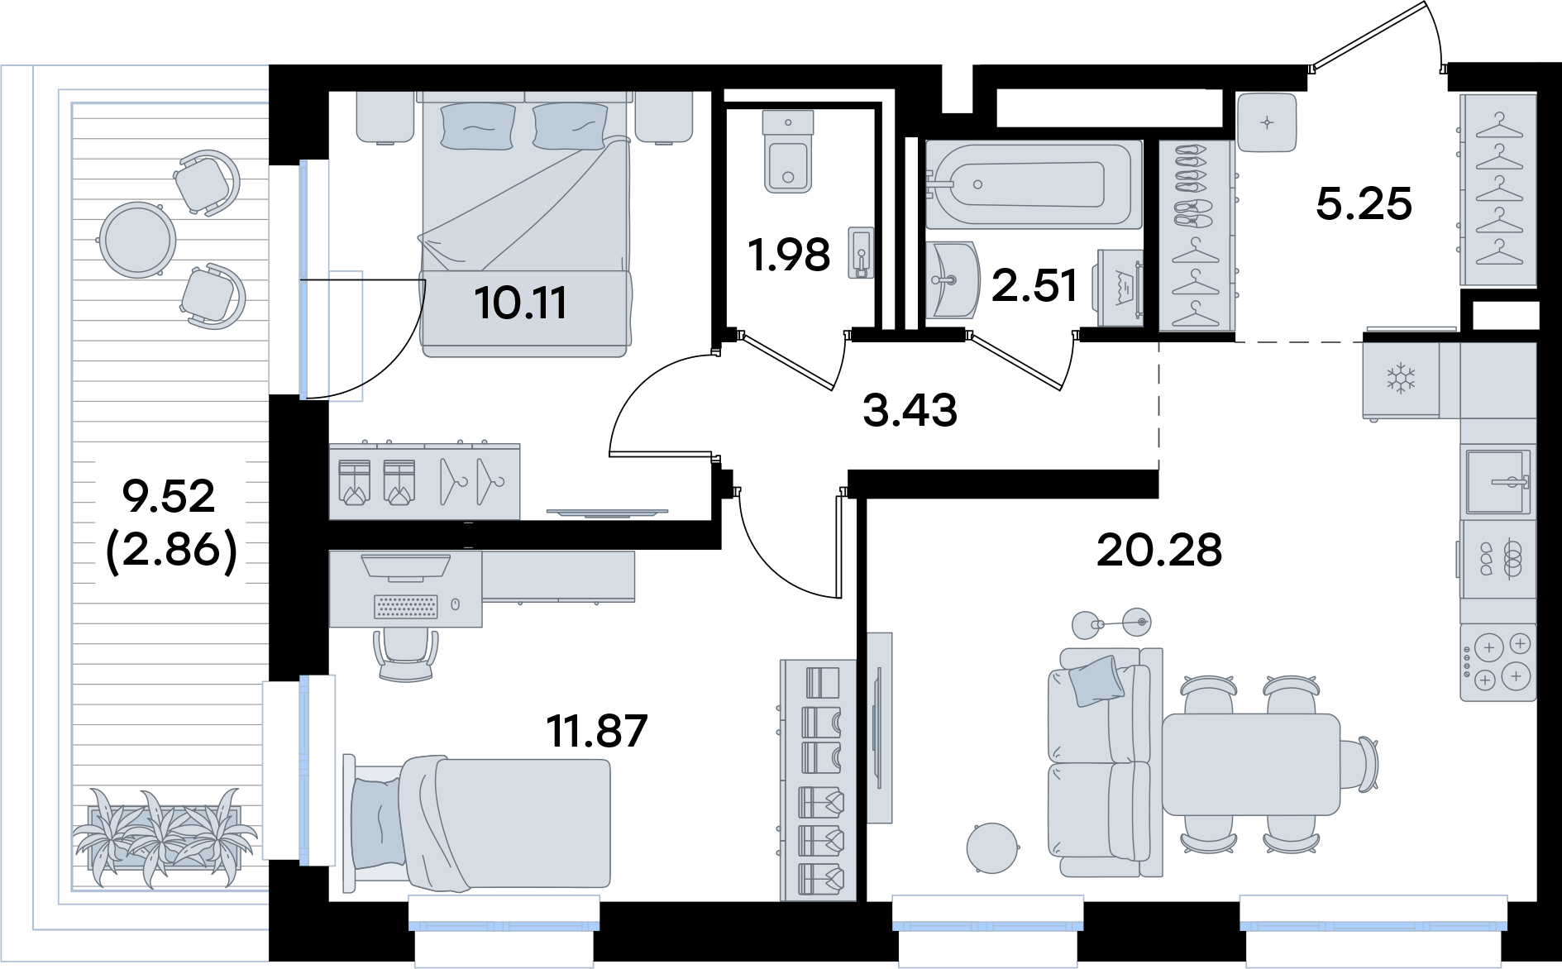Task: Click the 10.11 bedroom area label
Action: [x=521, y=303]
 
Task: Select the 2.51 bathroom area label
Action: [x=1034, y=285]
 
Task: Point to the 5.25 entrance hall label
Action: [x=1364, y=203]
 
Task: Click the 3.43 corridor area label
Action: [x=910, y=410]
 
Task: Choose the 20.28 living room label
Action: [x=1159, y=550]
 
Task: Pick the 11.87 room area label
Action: [x=597, y=731]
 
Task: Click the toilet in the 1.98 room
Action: [x=788, y=152]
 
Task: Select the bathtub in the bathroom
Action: [x=1034, y=184]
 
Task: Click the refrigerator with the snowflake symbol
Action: [x=1401, y=379]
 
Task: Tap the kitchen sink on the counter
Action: [x=1498, y=481]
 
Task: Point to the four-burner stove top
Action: [x=1498, y=662]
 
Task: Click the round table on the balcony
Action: [x=137, y=241]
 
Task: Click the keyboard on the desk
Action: [x=405, y=607]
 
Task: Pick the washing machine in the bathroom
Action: [x=1120, y=288]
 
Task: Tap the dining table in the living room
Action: [x=1251, y=765]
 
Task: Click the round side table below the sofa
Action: [x=992, y=848]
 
